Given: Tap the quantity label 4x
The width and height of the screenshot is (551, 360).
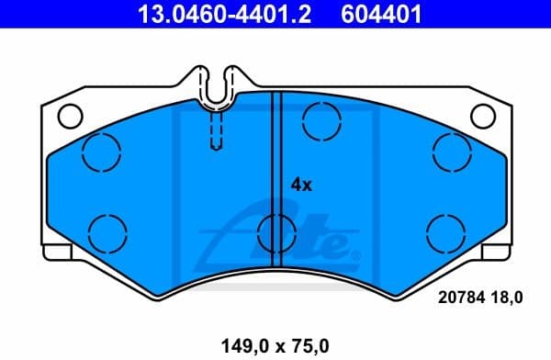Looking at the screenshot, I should (301, 185).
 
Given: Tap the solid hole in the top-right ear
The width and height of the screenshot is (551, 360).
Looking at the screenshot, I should (480, 116).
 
